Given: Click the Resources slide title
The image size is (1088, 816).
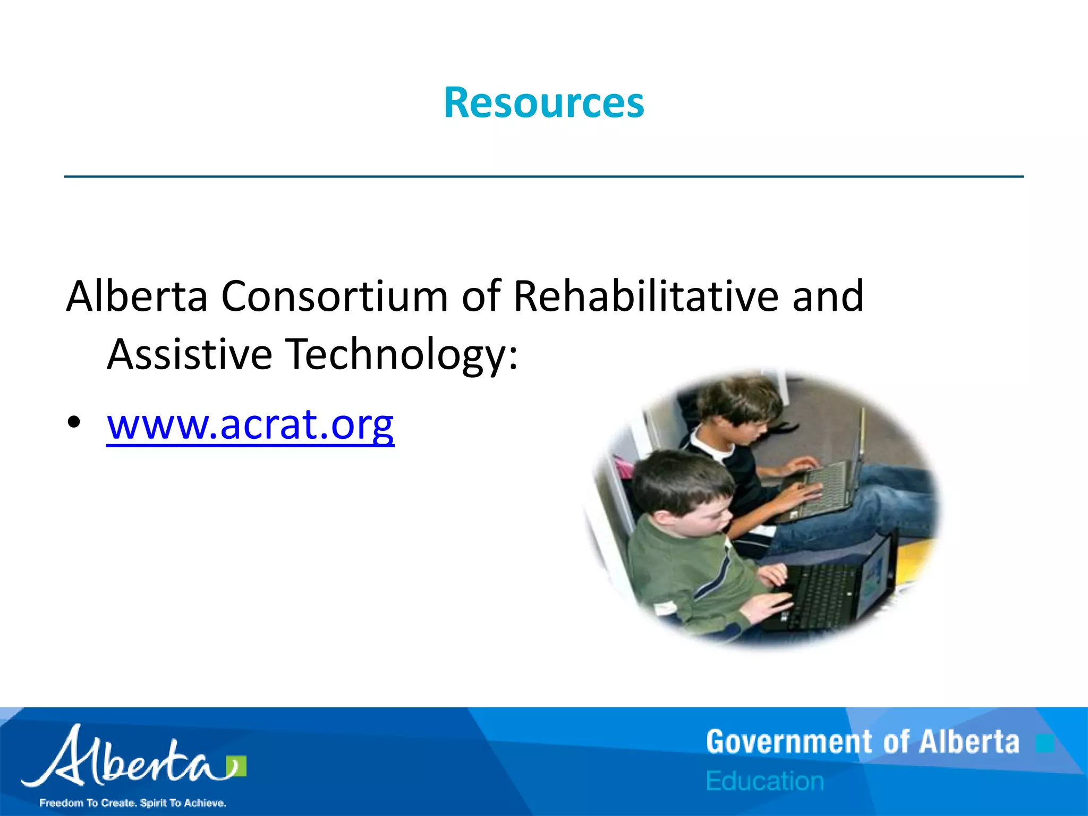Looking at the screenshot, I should coord(544,103).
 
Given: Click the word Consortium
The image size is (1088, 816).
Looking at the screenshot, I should coord(335,296).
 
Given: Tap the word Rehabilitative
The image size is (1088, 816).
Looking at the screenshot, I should coord(645,296).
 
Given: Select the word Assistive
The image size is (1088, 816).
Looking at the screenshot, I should coord(190,354).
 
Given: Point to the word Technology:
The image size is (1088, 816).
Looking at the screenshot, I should coord(402,355).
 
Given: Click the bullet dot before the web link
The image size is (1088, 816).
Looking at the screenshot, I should coord(74,423).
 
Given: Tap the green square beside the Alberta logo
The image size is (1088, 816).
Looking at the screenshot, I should coord(236,767).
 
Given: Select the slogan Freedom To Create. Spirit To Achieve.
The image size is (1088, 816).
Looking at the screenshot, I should coord(133,803).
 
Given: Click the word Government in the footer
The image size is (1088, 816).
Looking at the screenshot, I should coord(789,742).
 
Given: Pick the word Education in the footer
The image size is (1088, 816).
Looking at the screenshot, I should coord(765,781).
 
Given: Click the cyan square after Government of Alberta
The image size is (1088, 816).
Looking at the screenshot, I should coord(1044,743).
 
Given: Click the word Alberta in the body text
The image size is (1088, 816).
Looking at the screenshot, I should coord(137,296).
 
